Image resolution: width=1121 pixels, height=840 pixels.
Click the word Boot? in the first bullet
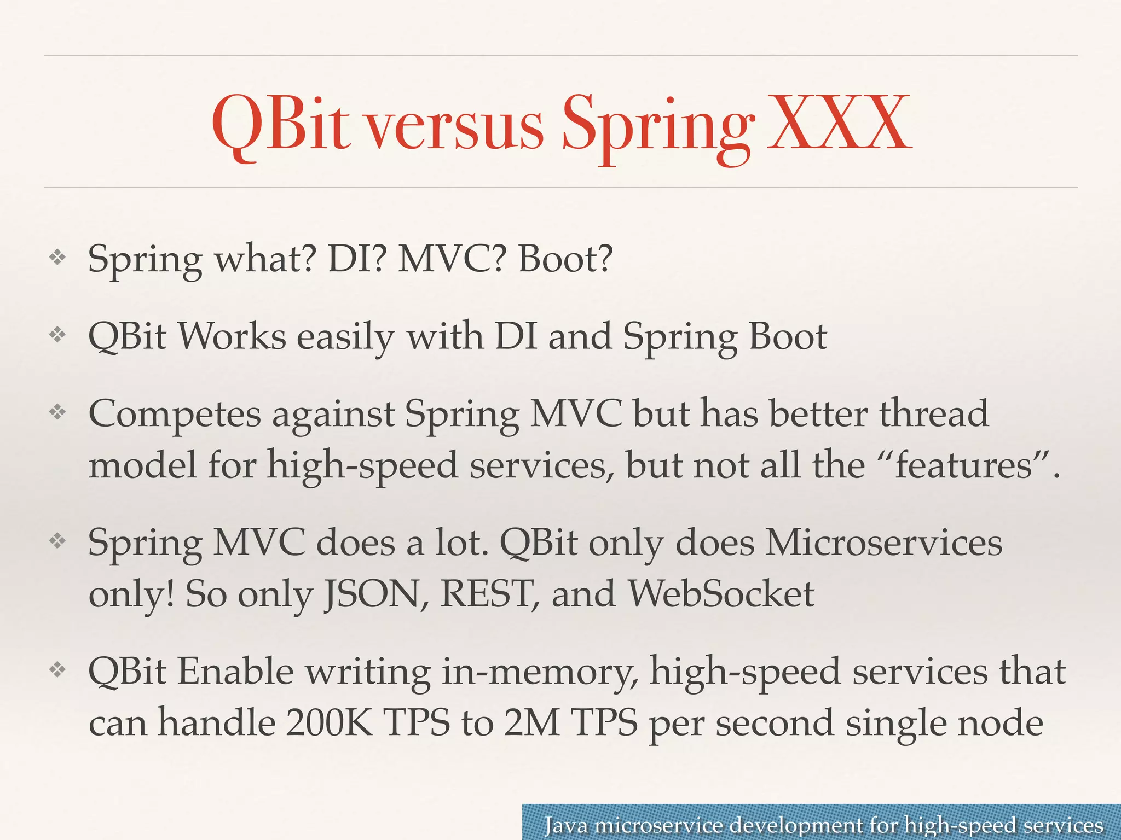[x=565, y=259]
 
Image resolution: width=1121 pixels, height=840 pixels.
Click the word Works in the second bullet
[x=232, y=336]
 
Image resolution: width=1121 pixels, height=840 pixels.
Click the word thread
[x=934, y=413]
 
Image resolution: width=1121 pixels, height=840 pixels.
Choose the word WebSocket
[x=721, y=594]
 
